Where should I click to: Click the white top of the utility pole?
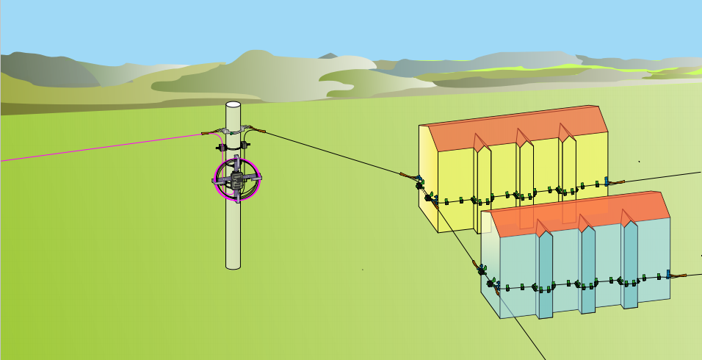[233, 106]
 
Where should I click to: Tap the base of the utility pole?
[233, 264]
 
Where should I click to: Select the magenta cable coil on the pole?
[218, 181]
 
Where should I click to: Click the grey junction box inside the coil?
[236, 179]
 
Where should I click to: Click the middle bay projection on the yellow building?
[526, 173]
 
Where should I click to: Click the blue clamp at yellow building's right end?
[607, 181]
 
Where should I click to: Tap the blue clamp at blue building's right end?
[669, 276]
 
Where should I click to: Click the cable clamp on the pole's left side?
[213, 132]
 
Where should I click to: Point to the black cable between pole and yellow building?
[330, 152]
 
